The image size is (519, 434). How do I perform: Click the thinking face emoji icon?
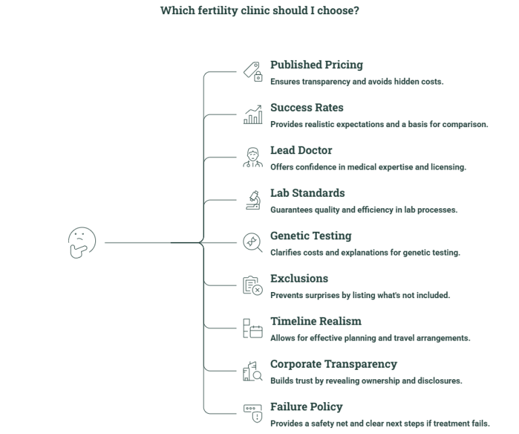pyautogui.click(x=82, y=243)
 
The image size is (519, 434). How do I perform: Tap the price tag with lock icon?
pyautogui.click(x=253, y=72)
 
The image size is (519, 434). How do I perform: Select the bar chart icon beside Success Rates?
pyautogui.click(x=253, y=114)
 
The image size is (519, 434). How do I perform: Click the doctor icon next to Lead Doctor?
pyautogui.click(x=253, y=158)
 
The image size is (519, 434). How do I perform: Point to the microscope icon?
pyautogui.click(x=253, y=200)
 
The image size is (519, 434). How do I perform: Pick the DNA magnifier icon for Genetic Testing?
pyautogui.click(x=253, y=243)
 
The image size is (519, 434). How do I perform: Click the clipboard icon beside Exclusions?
pyautogui.click(x=253, y=285)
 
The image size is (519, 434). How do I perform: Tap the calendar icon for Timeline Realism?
pyautogui.click(x=253, y=328)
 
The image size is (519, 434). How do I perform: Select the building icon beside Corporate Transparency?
pyautogui.click(x=253, y=371)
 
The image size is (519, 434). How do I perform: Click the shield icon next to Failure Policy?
pyautogui.click(x=253, y=414)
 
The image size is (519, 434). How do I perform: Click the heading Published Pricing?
pyautogui.click(x=316, y=64)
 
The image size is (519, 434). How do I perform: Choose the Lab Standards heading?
pyautogui.click(x=307, y=193)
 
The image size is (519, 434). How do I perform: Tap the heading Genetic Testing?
pyautogui.click(x=311, y=236)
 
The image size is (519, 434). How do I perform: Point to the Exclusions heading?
pyautogui.click(x=299, y=279)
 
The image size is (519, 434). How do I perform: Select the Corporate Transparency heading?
pyautogui.click(x=334, y=364)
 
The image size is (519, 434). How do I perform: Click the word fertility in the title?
pyautogui.click(x=218, y=11)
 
